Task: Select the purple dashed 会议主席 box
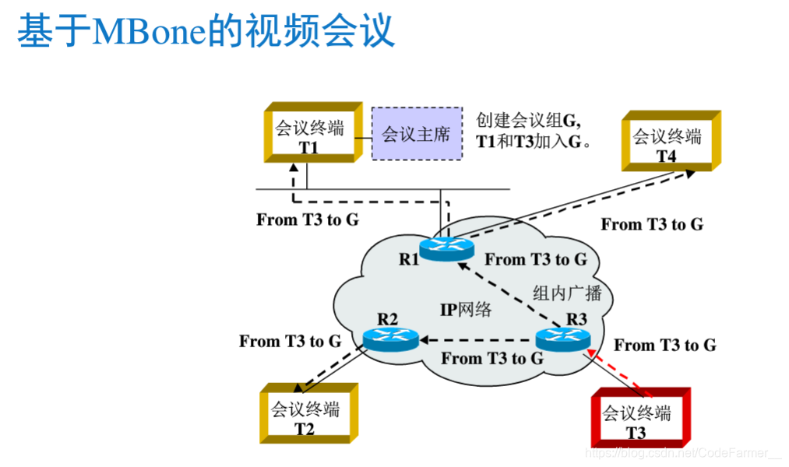point(416,134)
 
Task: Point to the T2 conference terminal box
point(305,416)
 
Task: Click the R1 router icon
point(446,248)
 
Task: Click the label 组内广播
point(567,292)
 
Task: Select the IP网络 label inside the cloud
point(466,309)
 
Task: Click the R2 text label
point(387,318)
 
